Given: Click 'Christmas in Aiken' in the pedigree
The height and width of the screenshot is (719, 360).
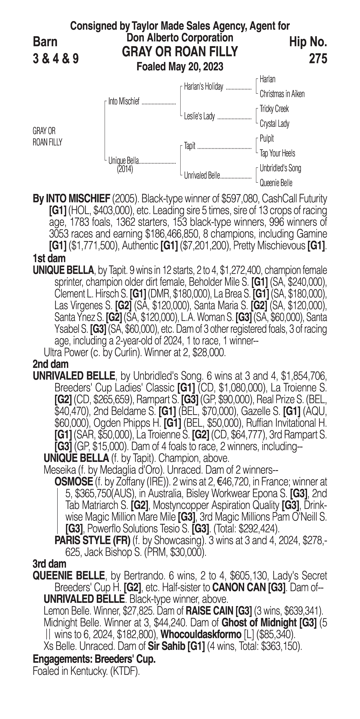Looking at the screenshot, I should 282,94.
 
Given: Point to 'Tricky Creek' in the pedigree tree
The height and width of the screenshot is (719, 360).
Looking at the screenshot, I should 274,109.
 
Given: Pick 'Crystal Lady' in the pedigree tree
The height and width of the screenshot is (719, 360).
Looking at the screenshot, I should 274,124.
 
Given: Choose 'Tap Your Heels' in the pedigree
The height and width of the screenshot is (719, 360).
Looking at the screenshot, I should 277,153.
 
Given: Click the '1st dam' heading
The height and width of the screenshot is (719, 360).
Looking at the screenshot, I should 49,258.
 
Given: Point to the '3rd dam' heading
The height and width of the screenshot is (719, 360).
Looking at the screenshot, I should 49,564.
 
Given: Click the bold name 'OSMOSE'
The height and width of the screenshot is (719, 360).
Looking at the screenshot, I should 73,482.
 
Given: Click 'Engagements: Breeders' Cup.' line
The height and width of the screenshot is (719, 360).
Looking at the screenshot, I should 94,659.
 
